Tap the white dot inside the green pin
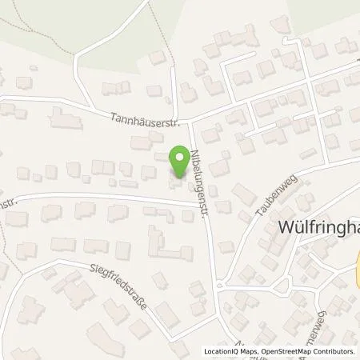tap(179, 155)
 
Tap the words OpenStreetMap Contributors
tap(309, 351)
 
